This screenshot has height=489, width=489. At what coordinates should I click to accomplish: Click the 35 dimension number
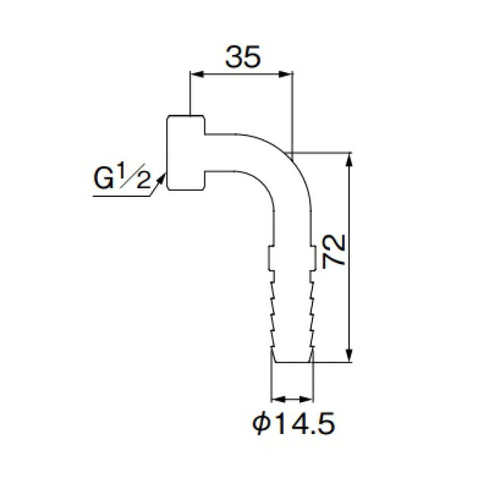[x=242, y=57]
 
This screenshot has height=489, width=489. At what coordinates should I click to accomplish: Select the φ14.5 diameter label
[x=293, y=423]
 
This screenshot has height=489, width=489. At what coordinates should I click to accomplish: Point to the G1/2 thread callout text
[x=122, y=177]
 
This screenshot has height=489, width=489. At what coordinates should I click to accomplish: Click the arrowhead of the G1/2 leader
[x=161, y=179]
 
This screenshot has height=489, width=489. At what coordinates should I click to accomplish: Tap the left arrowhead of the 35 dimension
[x=197, y=74]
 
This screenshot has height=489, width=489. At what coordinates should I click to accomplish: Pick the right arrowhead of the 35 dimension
[x=286, y=74]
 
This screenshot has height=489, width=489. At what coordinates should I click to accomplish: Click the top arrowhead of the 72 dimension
[x=350, y=160]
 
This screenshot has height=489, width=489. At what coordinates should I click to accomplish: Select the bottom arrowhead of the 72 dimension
[x=350, y=355]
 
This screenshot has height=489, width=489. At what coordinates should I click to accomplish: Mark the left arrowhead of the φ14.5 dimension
[x=278, y=399]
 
